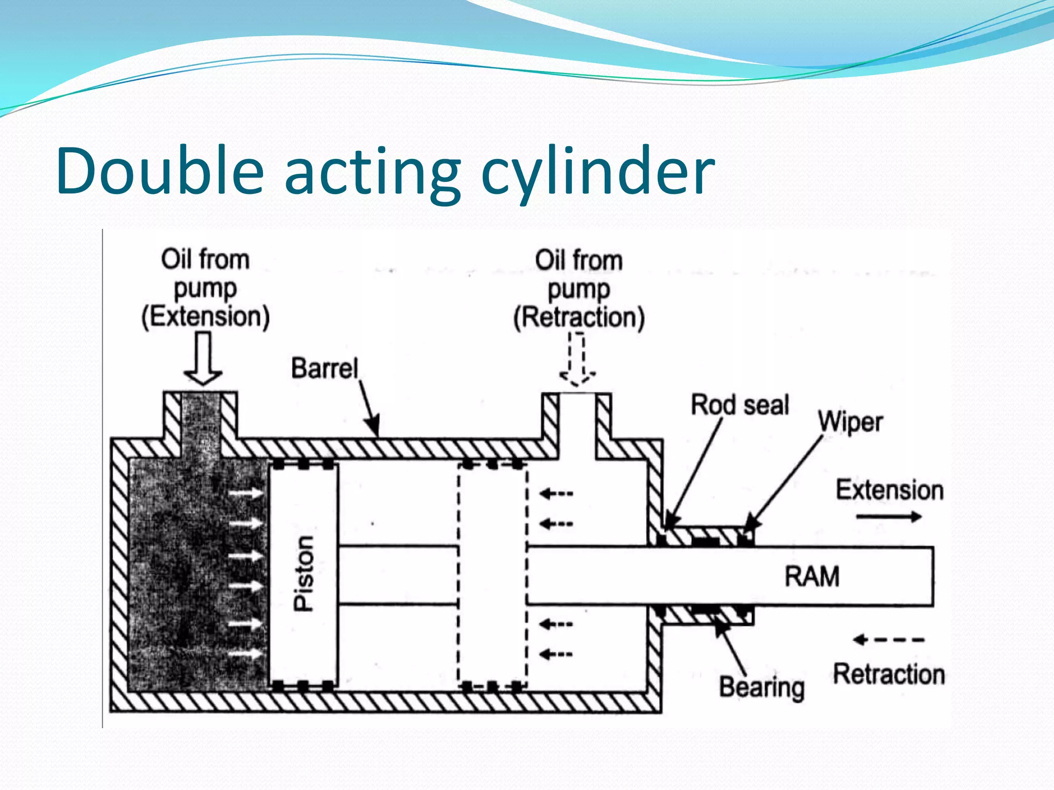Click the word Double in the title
point(160,171)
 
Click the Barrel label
point(324,368)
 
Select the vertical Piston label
point(304,573)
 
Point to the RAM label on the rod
point(812,576)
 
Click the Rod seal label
point(740,405)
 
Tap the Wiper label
point(851,422)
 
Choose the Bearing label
point(762,688)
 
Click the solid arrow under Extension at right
point(889,516)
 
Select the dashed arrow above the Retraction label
point(888,640)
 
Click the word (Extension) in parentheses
point(205,316)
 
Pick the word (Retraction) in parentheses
point(579,317)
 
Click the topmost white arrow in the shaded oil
point(246,493)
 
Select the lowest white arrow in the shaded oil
point(246,654)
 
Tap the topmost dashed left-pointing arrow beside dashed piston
point(556,494)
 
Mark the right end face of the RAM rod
point(933,577)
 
